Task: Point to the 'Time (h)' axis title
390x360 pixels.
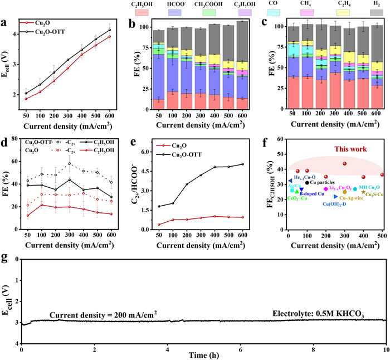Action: coord(203,356)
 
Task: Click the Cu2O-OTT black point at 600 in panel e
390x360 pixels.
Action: coord(242,164)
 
